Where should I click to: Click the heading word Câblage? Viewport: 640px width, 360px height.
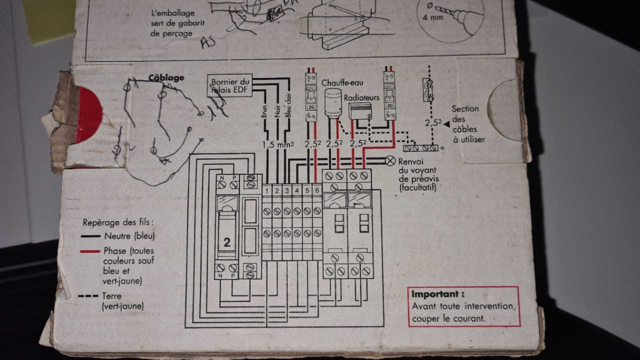166,77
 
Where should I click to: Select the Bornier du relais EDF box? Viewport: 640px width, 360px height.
230,86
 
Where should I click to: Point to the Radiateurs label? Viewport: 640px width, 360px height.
361,97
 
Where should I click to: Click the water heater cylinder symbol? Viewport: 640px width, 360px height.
332,104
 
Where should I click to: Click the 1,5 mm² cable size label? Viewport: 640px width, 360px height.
277,144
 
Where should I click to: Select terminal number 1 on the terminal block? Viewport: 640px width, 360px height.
267,190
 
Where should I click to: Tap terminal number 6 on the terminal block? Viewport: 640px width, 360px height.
317,190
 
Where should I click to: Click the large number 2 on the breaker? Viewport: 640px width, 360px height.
227,242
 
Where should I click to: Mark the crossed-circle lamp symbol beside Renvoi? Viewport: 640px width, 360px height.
390,160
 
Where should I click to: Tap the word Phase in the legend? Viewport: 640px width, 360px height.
115,251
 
